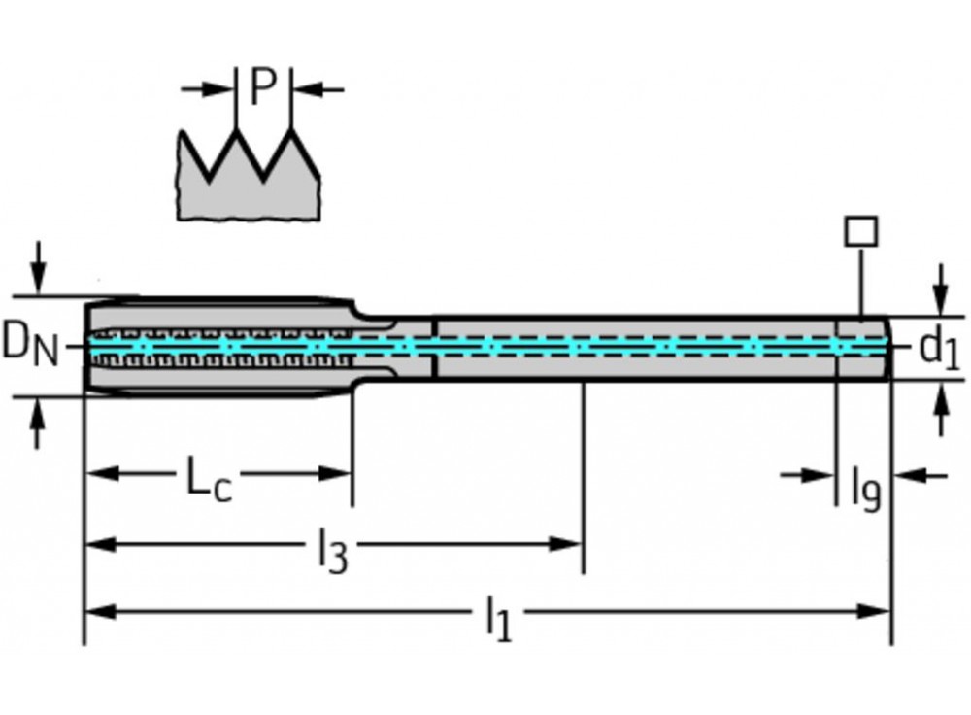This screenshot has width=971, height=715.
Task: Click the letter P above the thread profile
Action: [263, 87]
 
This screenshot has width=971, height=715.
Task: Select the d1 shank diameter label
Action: [938, 348]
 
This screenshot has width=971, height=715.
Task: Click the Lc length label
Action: [210, 478]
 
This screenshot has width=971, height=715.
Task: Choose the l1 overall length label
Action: [497, 619]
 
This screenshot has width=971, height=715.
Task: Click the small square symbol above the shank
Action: [860, 231]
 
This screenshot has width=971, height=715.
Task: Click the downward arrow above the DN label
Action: [38, 273]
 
